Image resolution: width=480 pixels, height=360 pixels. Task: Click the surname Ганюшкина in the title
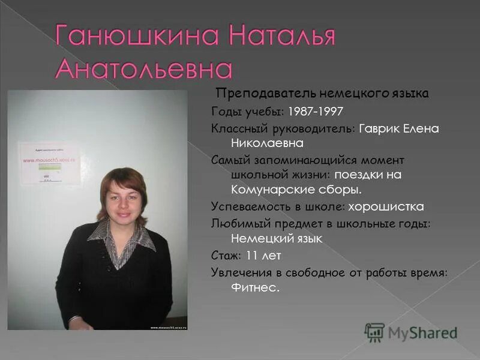point(129,37)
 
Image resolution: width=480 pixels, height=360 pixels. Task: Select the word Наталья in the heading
point(280,37)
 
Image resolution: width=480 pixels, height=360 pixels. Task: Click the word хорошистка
point(387,206)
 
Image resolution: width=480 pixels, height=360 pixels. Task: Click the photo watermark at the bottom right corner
point(168,328)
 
